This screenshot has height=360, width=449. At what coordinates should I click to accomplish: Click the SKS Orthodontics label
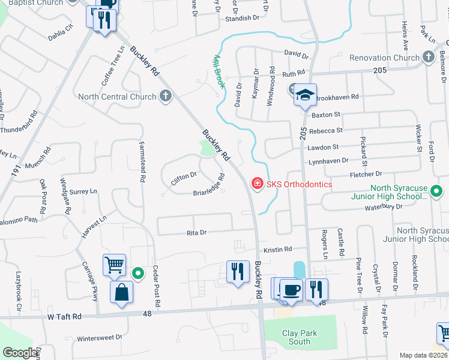298,184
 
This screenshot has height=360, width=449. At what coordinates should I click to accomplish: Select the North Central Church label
117,97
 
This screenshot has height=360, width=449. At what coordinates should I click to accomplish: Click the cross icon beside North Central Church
165,96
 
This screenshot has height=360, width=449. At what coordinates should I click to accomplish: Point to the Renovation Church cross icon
428,58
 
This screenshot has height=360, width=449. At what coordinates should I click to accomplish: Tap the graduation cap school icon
305,95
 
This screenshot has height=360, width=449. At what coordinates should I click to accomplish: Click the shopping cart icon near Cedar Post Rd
113,264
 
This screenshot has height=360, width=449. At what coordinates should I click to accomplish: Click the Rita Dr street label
196,232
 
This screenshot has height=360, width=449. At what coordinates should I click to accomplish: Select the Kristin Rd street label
278,249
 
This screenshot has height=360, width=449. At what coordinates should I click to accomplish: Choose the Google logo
20,353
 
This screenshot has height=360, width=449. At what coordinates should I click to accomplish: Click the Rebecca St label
326,130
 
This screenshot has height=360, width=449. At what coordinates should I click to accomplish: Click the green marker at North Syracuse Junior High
436,192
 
